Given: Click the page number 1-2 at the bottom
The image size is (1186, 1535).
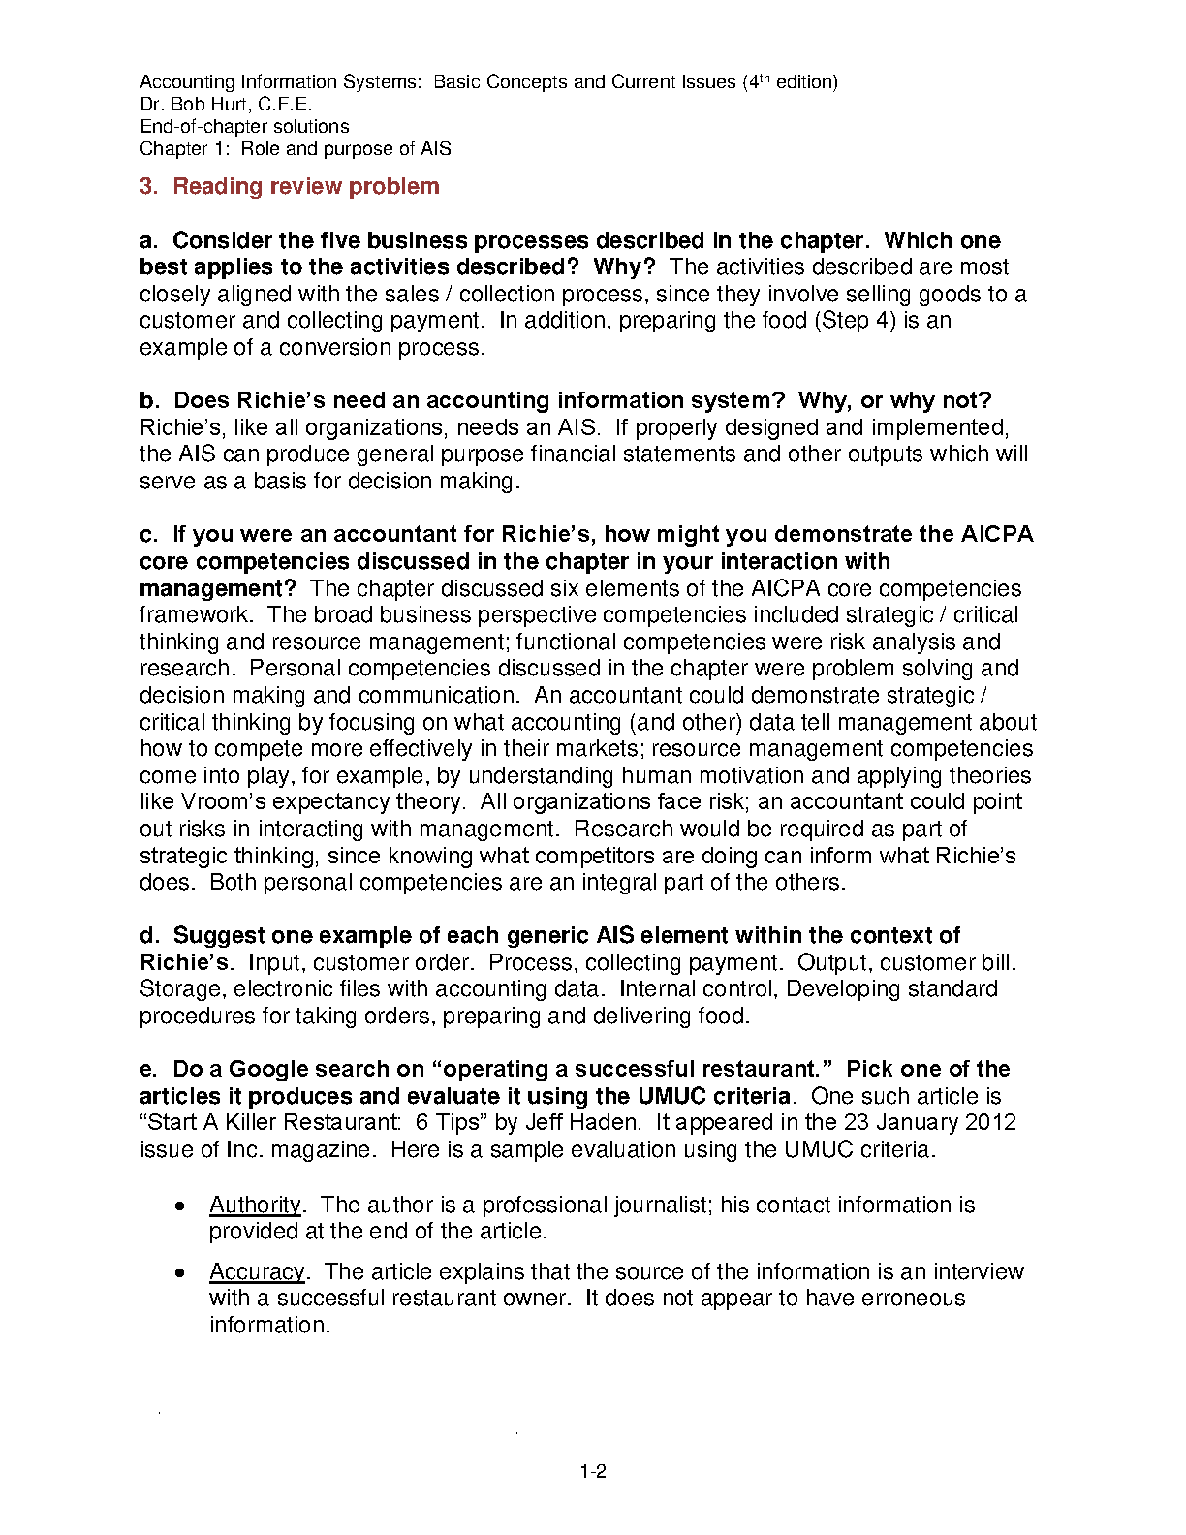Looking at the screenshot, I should point(593,1472).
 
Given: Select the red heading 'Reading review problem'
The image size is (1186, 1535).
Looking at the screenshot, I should point(305,186).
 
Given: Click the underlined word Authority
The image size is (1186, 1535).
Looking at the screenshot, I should point(256,1205).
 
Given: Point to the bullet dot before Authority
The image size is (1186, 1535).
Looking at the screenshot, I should point(179,1206).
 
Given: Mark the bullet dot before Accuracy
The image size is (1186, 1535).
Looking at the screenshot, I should point(179,1273).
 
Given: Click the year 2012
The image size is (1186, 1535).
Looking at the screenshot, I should point(990,1122).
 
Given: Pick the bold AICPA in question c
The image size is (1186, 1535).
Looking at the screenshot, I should point(997,534).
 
